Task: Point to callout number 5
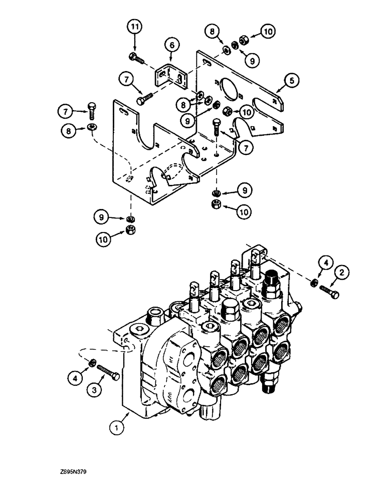pyautogui.click(x=290, y=79)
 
